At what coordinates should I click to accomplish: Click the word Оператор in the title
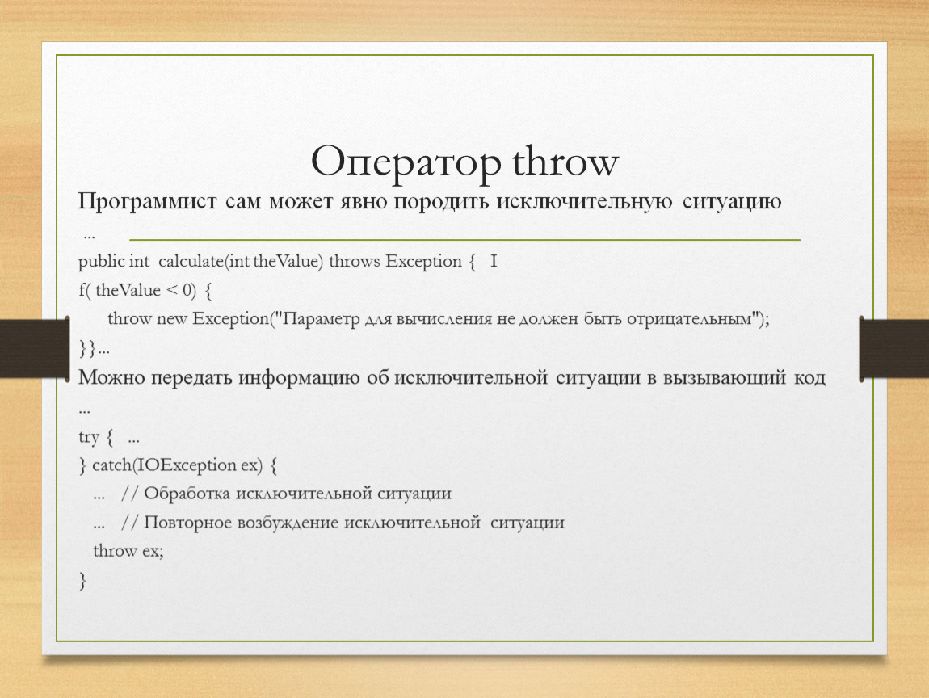coord(406,161)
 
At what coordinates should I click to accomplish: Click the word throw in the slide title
coord(565,160)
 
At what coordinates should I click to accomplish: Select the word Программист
coord(148,202)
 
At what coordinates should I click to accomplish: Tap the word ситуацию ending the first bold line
coord(732,202)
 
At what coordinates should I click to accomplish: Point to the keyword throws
coord(355,261)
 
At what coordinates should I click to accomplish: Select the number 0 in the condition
coord(187,290)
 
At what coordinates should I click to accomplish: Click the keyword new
coord(172,319)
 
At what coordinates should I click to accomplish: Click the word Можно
coord(111,377)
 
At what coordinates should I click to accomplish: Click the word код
coord(809,377)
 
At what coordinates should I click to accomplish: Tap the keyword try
coord(88,437)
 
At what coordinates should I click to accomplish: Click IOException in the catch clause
coord(187,465)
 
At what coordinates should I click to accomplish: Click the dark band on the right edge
coord(894,348)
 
